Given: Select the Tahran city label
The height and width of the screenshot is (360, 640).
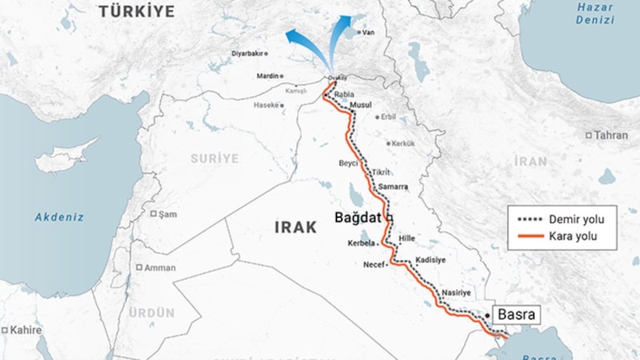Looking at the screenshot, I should click(x=611, y=135).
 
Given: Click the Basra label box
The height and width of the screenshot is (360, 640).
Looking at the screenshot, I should click(x=515, y=315).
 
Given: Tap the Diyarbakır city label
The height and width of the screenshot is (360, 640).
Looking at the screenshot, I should click(x=246, y=54).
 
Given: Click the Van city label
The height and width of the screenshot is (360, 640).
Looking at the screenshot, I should click(x=368, y=33).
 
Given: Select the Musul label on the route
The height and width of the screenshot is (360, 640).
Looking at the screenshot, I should click(x=362, y=106).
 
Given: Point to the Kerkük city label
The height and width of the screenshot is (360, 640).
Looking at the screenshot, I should click(x=402, y=143).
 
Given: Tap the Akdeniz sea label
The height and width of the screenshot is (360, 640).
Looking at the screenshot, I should click(x=59, y=216).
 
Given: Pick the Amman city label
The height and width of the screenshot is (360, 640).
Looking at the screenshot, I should click(x=160, y=267).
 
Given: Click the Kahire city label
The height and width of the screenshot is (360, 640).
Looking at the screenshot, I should click(x=26, y=330).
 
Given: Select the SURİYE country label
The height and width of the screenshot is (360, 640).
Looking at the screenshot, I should click(x=214, y=158).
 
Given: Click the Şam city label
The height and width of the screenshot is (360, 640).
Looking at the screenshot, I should click(x=166, y=214).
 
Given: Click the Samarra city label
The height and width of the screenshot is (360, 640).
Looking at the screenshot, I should click(x=393, y=186).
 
